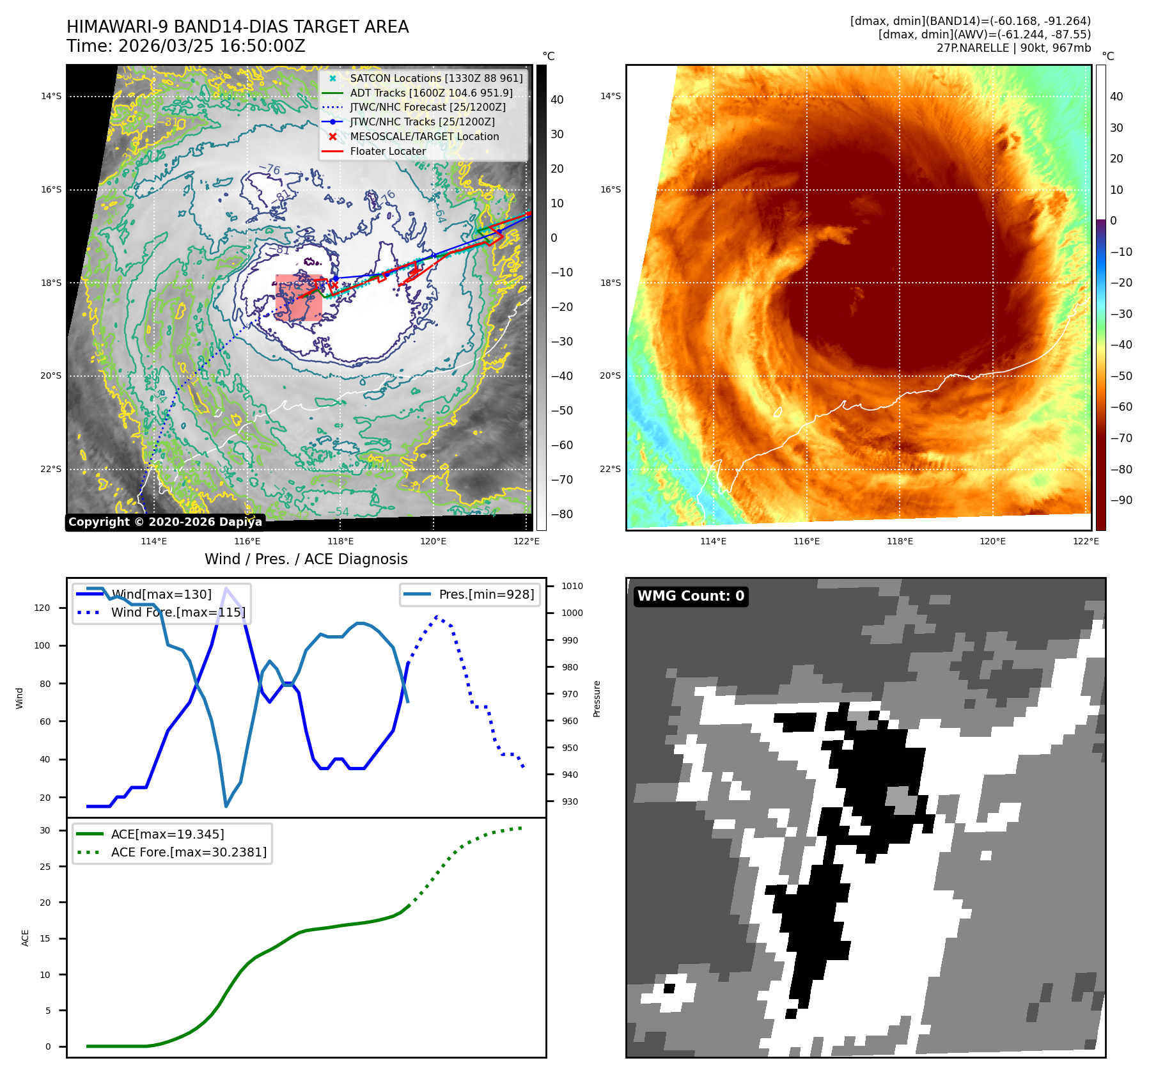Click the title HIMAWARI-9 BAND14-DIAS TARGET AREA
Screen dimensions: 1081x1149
click(x=237, y=27)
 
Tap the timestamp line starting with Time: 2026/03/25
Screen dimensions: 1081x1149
click(x=185, y=46)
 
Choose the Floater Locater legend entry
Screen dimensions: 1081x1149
click(x=387, y=151)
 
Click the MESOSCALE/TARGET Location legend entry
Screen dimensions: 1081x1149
click(x=424, y=136)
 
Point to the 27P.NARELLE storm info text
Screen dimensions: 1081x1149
click(x=1013, y=48)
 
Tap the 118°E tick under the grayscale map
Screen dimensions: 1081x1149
click(x=340, y=541)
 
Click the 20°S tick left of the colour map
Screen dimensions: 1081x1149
click(x=610, y=375)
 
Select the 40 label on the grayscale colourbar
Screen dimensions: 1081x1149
click(x=557, y=100)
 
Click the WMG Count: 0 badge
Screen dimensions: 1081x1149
click(x=691, y=596)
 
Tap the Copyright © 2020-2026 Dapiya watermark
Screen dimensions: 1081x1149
click(x=165, y=522)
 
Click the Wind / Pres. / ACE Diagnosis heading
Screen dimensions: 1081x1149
click(x=306, y=559)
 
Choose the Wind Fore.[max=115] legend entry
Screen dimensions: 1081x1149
click(x=178, y=612)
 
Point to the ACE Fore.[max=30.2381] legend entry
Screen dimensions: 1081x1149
click(x=189, y=852)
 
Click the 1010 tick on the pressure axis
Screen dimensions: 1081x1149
click(x=572, y=586)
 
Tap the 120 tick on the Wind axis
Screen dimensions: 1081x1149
click(x=42, y=608)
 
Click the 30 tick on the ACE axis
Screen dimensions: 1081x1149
click(x=45, y=830)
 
